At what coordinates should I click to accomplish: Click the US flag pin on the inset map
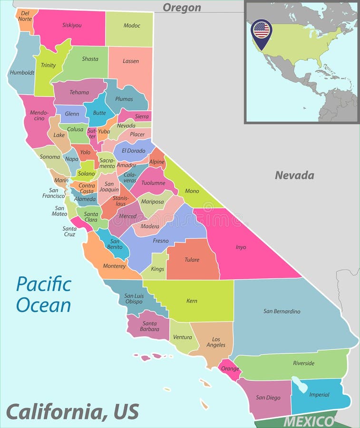pos(261,31)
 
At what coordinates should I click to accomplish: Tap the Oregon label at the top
pos(182,8)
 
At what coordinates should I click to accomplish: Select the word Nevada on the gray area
pos(294,175)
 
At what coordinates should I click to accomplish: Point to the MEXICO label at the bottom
pos(309,421)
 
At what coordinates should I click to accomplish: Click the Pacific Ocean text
pos(43,294)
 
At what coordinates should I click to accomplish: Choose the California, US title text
pos(72,411)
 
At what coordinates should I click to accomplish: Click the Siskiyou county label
pos(72,25)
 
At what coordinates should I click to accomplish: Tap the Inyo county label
pos(241,247)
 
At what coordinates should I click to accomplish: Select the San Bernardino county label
pos(282,311)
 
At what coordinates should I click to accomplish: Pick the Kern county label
pos(192,301)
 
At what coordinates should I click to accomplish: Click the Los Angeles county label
pos(215,341)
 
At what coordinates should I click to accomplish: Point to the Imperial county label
pos(319,395)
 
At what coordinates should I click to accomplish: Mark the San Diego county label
pos(267,397)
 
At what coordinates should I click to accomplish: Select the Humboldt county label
pos(22,73)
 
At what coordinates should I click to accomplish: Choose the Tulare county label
pos(192,260)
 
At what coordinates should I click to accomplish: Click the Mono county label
pos(192,191)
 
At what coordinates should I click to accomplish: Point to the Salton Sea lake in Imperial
pos(300,384)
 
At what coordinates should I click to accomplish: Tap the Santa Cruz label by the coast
pos(69,231)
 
